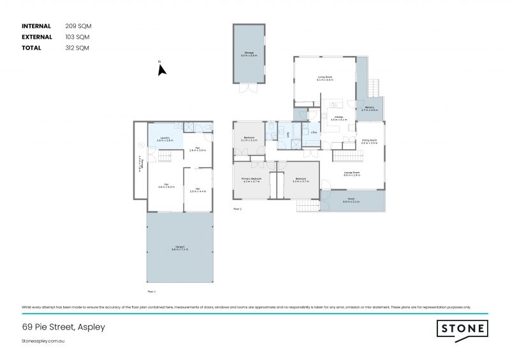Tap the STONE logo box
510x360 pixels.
point(462,329)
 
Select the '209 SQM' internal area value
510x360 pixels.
point(78,26)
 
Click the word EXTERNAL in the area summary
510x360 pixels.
point(38,37)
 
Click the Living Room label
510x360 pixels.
point(326,78)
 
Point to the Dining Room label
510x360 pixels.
point(370,141)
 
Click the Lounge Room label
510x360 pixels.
point(352,173)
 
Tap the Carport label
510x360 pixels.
point(179,248)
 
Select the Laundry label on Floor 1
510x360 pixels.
point(164,138)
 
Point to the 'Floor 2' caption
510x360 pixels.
point(237,208)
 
